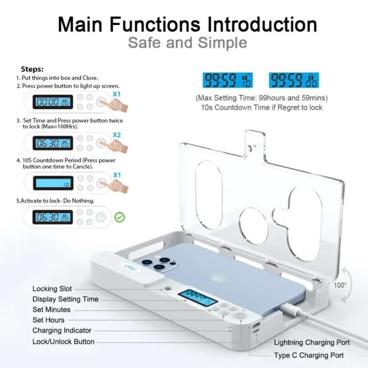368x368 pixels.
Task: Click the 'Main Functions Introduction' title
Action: coord(187,24)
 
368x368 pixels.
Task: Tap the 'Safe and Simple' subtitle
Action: coord(187,43)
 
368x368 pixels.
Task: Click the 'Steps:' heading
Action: coord(33,69)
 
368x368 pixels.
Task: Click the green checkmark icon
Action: coord(120,217)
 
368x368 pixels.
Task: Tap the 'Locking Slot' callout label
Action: coord(52,289)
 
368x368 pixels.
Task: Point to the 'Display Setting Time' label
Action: coord(65,299)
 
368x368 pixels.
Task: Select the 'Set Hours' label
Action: coord(49,320)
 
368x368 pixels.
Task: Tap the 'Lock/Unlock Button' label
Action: coord(63,342)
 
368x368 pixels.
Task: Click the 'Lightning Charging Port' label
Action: coord(312,343)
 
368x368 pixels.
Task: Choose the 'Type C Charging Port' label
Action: coord(309,355)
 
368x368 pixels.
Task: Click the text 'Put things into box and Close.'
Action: coord(61,79)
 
